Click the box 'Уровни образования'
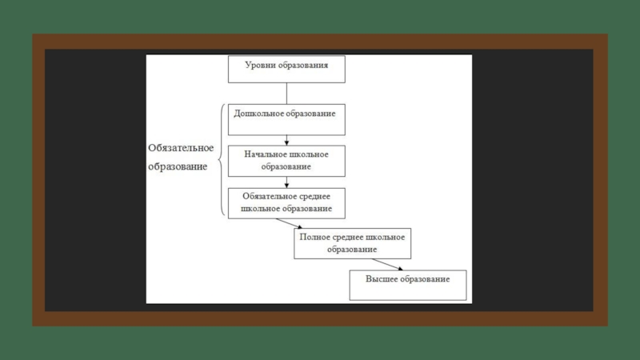point(286,69)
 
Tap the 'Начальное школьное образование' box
point(286,160)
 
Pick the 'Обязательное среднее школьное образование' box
point(286,202)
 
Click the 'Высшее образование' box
point(407,284)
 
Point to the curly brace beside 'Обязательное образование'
point(221,160)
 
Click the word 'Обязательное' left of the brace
point(180,148)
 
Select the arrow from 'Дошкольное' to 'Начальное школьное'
point(286,138)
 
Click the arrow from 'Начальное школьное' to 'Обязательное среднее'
point(286,181)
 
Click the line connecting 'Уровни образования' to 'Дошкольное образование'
point(286,93)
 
